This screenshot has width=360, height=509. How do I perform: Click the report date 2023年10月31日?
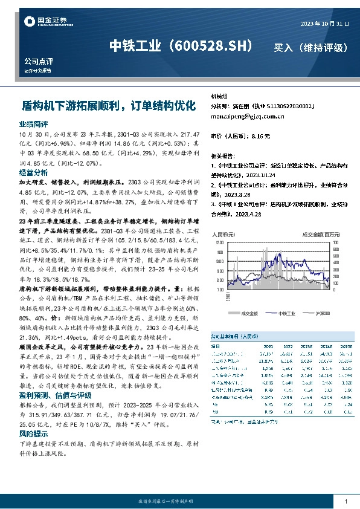click(x=324, y=23)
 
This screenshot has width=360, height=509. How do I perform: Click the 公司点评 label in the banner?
click(x=39, y=62)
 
